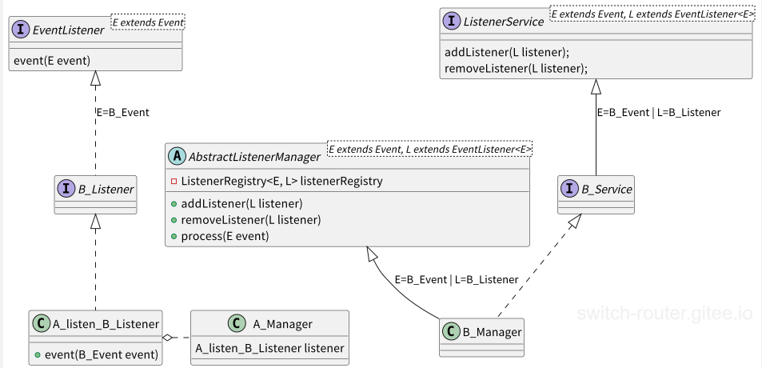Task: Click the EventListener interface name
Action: (69, 30)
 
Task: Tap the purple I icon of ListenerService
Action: (453, 22)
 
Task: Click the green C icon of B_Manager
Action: (451, 332)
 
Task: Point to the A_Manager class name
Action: (283, 324)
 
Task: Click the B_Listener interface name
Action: (106, 190)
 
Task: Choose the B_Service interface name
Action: (607, 190)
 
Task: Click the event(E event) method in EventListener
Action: (52, 61)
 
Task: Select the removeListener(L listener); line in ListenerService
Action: (516, 69)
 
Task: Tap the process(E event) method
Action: (225, 236)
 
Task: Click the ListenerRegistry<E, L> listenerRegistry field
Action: (282, 182)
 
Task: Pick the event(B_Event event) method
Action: (102, 355)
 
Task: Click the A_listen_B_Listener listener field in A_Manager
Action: (269, 348)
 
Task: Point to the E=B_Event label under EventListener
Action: (122, 112)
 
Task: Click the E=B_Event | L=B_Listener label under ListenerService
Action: (659, 112)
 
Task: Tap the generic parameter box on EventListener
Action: (148, 22)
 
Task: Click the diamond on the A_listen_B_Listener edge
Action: (168, 338)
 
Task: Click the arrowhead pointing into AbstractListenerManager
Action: (371, 253)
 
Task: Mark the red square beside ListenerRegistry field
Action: (174, 182)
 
